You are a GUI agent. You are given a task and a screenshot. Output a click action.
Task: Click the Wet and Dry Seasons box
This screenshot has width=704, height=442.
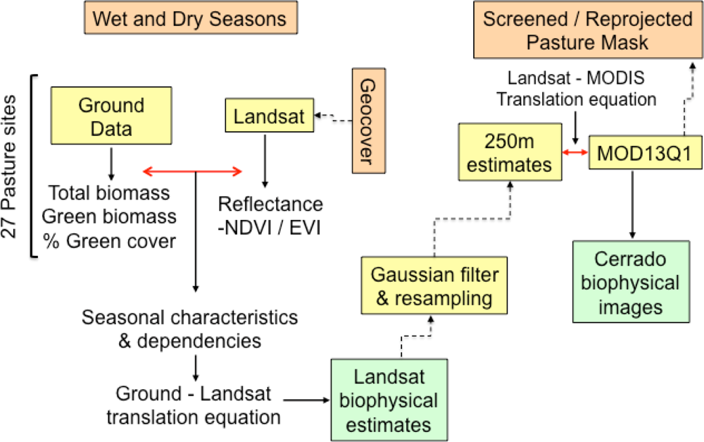point(189,19)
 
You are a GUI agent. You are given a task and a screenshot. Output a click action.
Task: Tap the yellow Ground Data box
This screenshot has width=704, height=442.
point(111,116)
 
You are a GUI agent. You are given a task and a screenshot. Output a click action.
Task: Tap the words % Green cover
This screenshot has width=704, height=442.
point(113,240)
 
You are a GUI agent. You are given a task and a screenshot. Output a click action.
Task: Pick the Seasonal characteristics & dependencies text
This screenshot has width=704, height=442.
point(190,328)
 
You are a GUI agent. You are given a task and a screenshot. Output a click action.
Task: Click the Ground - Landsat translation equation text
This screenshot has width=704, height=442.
point(194,404)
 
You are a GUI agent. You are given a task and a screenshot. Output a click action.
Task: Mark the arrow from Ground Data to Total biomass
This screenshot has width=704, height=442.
point(111,164)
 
